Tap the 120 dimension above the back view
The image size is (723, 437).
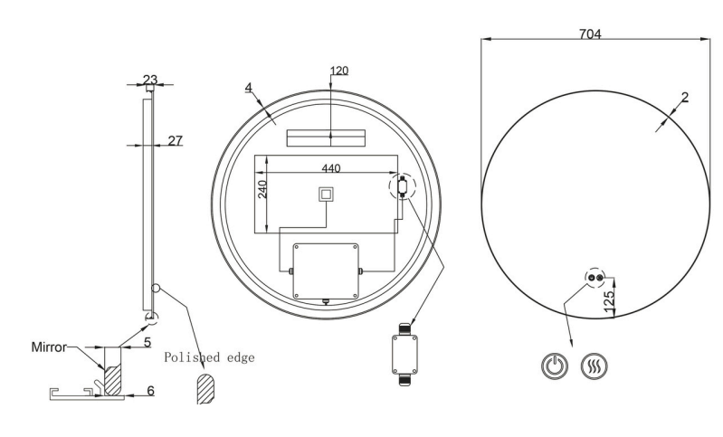339,70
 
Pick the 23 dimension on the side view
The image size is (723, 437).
149,78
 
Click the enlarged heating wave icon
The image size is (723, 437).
594,367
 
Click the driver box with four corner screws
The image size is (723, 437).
326,271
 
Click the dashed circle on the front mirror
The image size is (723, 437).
594,278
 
